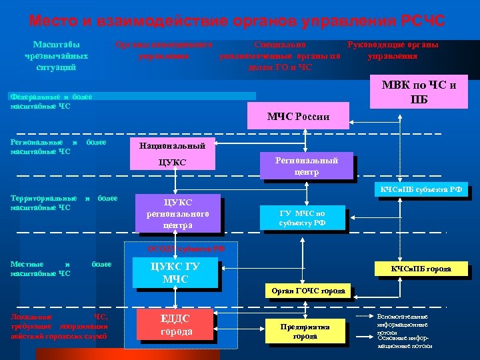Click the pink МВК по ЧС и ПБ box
(419, 93)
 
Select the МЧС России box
(298, 117)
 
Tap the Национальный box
(172, 145)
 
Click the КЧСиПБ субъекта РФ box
(421, 190)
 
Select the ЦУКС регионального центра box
(177, 213)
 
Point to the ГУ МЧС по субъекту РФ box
(302, 218)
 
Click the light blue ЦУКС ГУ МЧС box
(175, 273)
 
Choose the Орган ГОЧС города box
(309, 291)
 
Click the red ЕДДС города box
(177, 325)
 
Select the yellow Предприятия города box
(305, 331)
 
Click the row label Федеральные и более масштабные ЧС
(51, 101)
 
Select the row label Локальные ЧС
(59, 326)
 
